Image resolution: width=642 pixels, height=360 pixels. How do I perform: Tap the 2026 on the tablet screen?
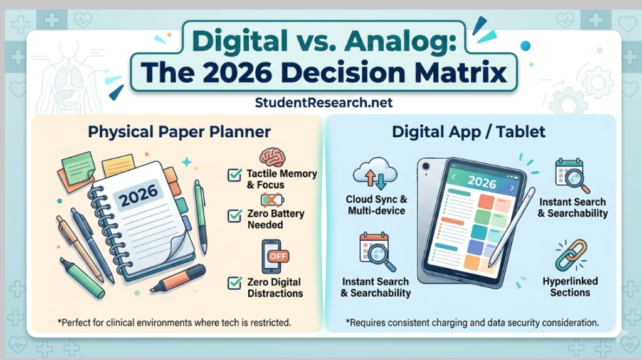click(x=481, y=183)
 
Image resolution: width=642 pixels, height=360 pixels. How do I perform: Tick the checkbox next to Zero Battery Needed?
click(x=235, y=216)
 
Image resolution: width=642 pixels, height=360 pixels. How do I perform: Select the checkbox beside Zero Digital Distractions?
click(x=235, y=283)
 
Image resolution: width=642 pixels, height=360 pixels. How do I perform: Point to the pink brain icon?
click(x=272, y=157)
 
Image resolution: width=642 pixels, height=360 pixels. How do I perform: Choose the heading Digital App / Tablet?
click(x=469, y=132)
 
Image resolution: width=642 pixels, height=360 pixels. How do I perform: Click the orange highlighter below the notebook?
click(x=178, y=278)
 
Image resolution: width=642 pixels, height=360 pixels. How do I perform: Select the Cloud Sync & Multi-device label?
click(x=377, y=205)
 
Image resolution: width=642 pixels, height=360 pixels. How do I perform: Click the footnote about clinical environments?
click(x=174, y=323)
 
